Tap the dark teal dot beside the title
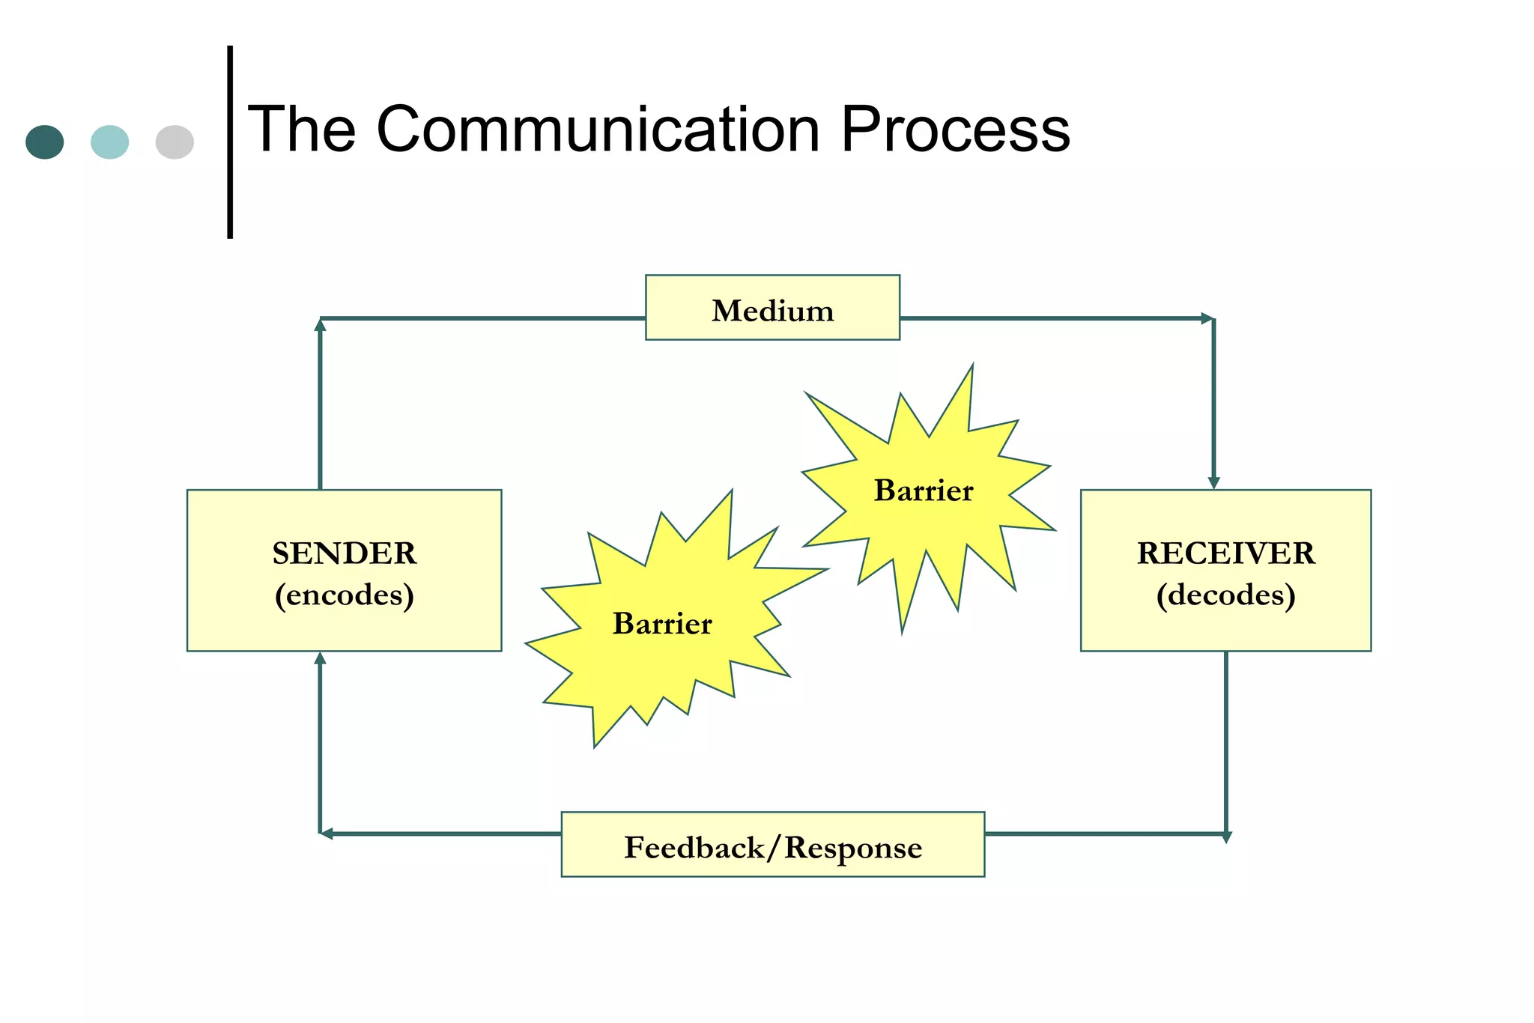point(45,142)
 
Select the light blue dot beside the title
point(109,142)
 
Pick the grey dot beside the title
point(175,142)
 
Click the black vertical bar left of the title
point(230,142)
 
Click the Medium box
point(772,308)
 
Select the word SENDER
point(344,553)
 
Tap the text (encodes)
point(344,595)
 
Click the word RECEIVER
point(1225,553)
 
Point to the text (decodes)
point(1225,595)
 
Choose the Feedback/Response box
point(772,845)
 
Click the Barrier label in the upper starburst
point(924,491)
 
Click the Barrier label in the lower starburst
point(662,624)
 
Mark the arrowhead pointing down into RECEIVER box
point(1213,483)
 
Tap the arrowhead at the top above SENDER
point(320,325)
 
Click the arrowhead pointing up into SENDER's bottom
point(320,658)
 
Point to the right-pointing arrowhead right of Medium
point(1207,318)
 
